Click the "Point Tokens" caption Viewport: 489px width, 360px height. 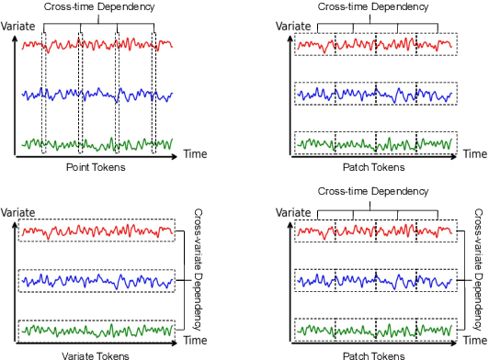point(96,167)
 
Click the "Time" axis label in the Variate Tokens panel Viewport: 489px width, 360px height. point(192,339)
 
